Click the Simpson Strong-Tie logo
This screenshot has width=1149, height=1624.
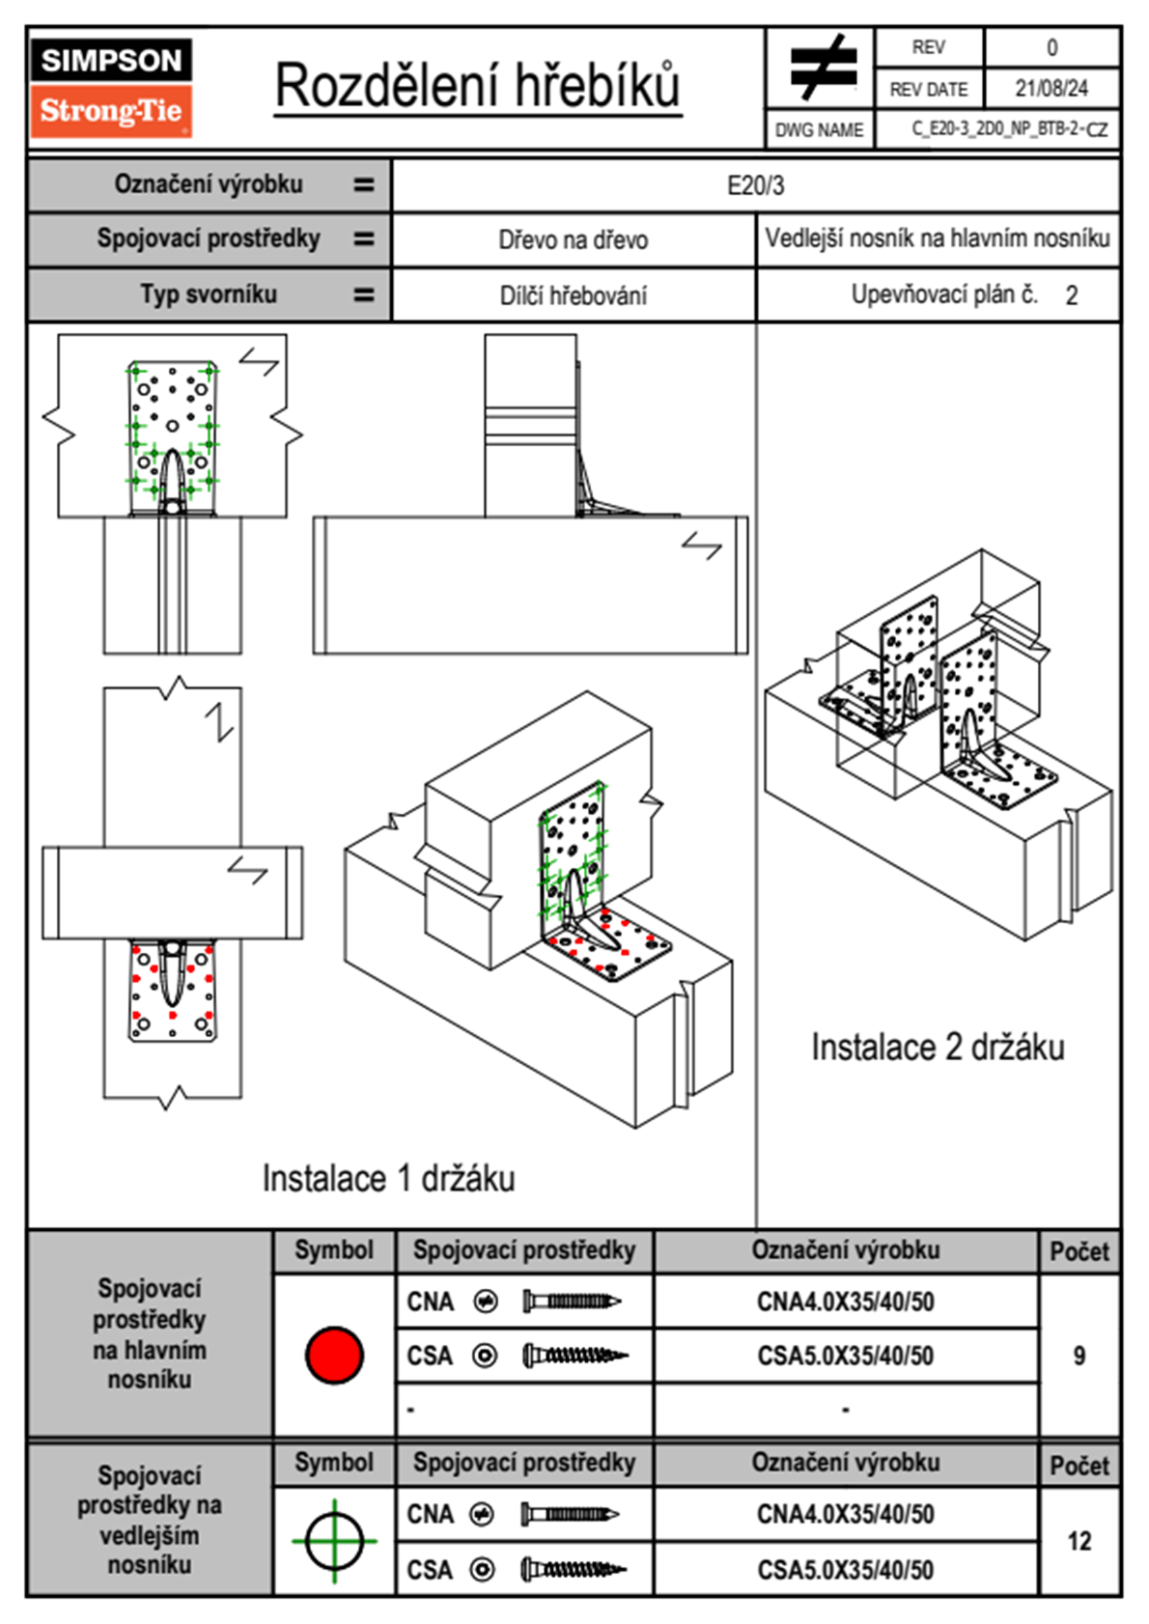click(111, 87)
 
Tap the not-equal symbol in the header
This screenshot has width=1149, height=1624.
click(822, 68)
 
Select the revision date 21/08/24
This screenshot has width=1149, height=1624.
click(1051, 89)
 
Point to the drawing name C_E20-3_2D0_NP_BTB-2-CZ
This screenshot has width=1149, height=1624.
click(1009, 129)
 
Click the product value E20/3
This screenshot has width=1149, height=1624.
click(755, 185)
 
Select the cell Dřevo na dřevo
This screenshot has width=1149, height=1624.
click(573, 240)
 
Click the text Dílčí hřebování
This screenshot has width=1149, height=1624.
click(573, 295)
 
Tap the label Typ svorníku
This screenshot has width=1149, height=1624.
click(209, 294)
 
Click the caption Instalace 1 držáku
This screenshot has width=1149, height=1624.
click(388, 1179)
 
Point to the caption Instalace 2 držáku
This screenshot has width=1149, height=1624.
click(937, 1048)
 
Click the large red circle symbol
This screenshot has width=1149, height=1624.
click(334, 1355)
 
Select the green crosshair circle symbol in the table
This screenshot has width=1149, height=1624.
click(334, 1540)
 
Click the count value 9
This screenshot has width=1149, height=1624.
click(1079, 1357)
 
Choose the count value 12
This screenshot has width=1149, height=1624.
click(1079, 1541)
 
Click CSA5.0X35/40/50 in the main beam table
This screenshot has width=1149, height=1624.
click(845, 1357)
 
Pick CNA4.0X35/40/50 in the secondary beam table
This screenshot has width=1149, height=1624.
click(845, 1514)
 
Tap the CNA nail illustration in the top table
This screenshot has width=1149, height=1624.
click(571, 1302)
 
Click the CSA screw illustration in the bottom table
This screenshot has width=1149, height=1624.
click(573, 1569)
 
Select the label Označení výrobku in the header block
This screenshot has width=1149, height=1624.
click(209, 184)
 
